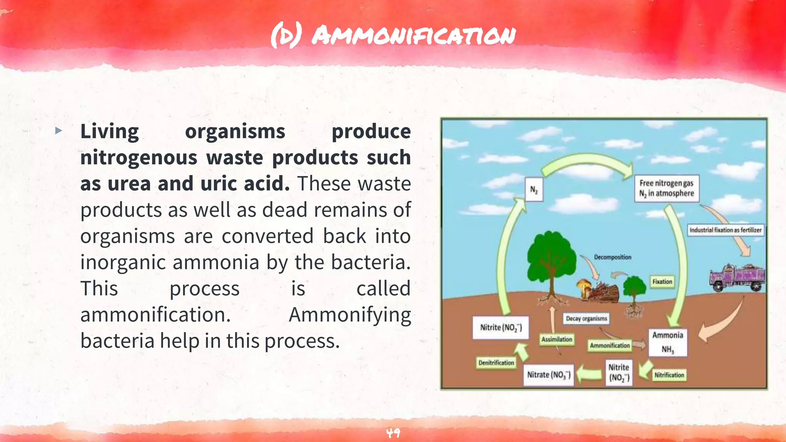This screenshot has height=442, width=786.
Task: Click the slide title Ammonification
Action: click(393, 36)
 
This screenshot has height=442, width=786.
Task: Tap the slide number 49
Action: click(393, 433)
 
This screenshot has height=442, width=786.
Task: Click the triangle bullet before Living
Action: click(58, 131)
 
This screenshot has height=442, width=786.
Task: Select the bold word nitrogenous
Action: click(139, 158)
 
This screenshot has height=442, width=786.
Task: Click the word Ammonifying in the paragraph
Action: click(350, 315)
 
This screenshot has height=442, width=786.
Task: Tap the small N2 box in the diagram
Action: click(534, 189)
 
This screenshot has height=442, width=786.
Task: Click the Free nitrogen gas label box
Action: click(666, 188)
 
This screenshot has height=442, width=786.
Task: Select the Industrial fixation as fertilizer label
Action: click(725, 230)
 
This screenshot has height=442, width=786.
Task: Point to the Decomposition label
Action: click(613, 257)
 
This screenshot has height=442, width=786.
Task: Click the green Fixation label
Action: click(662, 282)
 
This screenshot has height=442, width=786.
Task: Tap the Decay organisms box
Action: click(586, 318)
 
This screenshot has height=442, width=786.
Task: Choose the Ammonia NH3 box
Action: click(668, 342)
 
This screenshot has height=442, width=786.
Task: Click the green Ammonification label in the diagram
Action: click(610, 345)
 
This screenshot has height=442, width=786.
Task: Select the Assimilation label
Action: click(556, 339)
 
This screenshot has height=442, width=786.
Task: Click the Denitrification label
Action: click(496, 363)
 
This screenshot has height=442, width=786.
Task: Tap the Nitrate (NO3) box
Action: click(548, 374)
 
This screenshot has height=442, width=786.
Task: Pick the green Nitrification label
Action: click(669, 375)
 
